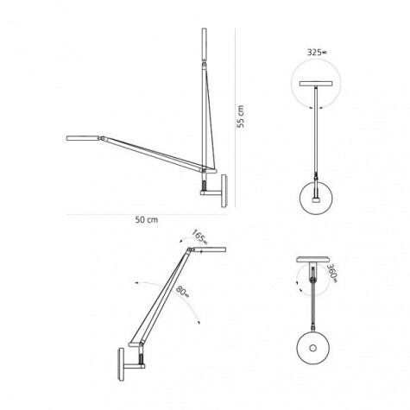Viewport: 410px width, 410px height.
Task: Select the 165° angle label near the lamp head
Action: pyautogui.click(x=200, y=236)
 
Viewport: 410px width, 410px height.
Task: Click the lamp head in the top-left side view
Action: pyautogui.click(x=86, y=138)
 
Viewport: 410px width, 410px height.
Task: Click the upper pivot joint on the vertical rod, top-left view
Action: pyautogui.click(x=204, y=63)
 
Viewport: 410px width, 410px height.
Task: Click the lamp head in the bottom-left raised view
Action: pyautogui.click(x=211, y=250)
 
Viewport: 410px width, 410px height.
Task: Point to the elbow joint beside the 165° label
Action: pyautogui.click(x=186, y=251)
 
